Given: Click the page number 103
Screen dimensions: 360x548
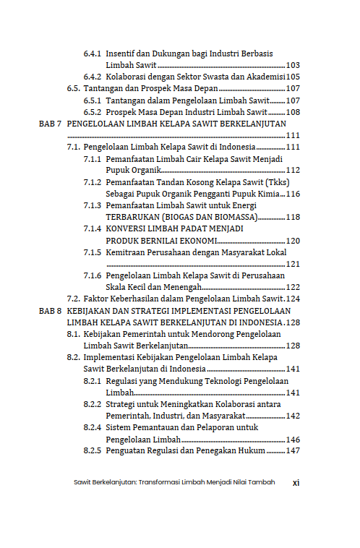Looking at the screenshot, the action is (293, 65).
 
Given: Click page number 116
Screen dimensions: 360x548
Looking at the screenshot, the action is (293, 194).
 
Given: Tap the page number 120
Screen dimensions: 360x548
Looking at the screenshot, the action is (293, 240).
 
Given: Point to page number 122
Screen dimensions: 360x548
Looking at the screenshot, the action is (293, 286).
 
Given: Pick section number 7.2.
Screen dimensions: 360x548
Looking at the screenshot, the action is (73, 298).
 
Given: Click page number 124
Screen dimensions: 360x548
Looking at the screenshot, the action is (293, 298).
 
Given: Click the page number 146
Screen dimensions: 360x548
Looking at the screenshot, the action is (293, 439).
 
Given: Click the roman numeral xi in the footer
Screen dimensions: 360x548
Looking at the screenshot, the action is (296, 482).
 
